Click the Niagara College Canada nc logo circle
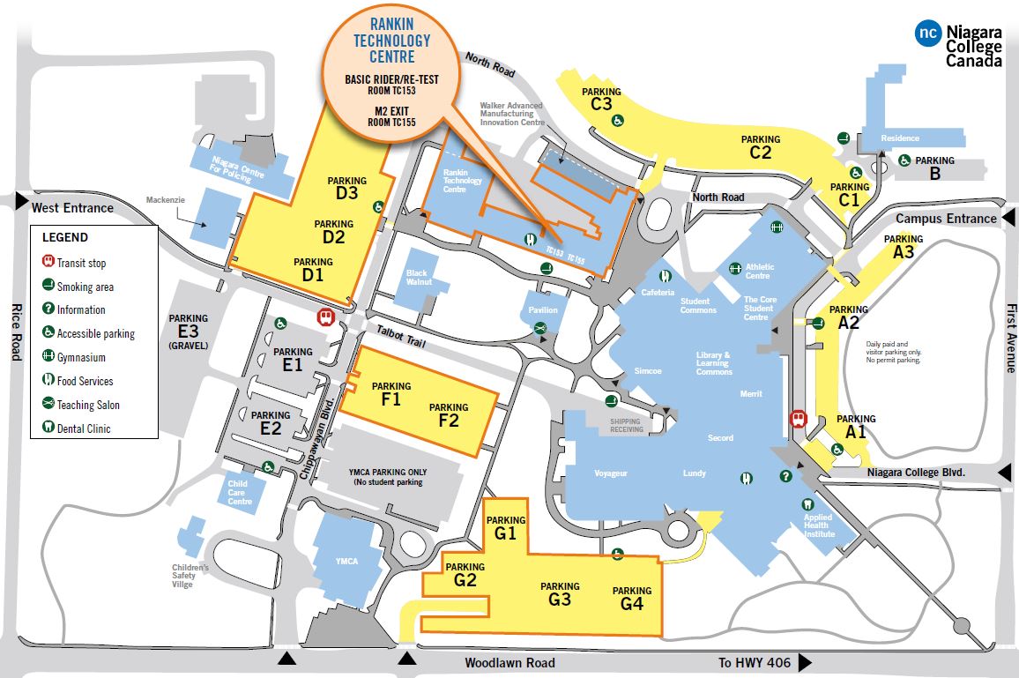[x=928, y=34]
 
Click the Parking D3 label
[x=346, y=187]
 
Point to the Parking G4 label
[x=632, y=599]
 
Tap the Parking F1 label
[x=391, y=393]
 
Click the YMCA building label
[x=346, y=562]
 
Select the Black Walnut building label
[x=417, y=279]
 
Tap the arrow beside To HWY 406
[x=805, y=663]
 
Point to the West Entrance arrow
[x=20, y=203]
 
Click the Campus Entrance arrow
[x=1008, y=218]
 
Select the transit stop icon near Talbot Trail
[x=327, y=316]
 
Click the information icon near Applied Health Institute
[x=785, y=476]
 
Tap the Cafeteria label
[x=658, y=292]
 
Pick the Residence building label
[x=900, y=138]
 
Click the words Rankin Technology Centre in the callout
[x=392, y=40]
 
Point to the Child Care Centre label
[x=239, y=492]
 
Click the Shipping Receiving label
[x=626, y=427]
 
